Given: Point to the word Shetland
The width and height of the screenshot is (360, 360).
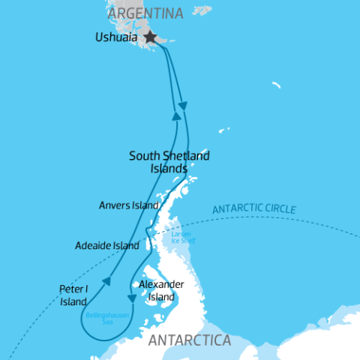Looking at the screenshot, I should pos(184,156).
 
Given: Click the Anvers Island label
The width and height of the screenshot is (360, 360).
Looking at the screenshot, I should pos(129,205).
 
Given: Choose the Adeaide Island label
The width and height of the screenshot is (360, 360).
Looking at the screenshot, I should pos(107,245).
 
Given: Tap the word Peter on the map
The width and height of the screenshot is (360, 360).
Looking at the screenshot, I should pos(70,288).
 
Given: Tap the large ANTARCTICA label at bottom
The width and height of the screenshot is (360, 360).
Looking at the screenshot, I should pos(190,341).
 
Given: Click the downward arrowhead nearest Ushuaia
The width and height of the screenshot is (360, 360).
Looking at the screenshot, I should pos(183,106).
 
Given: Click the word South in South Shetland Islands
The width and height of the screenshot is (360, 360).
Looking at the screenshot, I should pos(143,156).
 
